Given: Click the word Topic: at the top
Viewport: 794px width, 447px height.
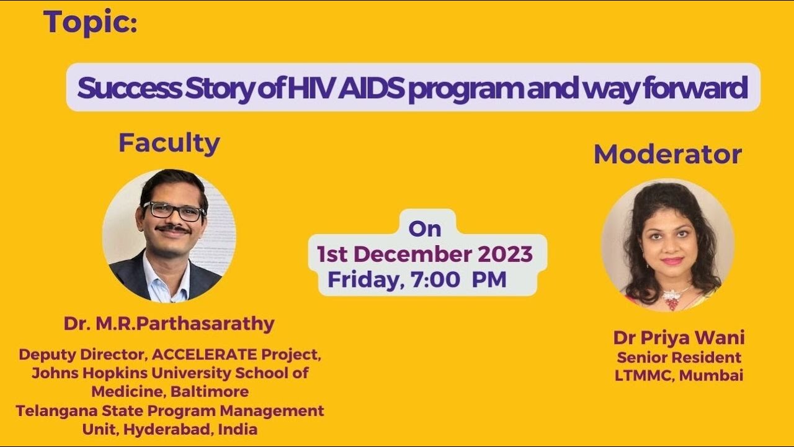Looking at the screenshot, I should point(91,24).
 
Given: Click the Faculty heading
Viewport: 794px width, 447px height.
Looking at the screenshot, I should point(169,143).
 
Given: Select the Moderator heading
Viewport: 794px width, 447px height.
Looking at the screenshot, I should point(667,155).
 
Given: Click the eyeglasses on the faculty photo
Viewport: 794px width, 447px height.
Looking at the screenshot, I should point(173,211).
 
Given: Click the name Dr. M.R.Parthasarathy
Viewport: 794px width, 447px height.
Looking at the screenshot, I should point(169,323).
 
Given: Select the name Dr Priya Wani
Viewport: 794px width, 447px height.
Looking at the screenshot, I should point(679,338).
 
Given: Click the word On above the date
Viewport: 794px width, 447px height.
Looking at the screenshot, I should point(425,229).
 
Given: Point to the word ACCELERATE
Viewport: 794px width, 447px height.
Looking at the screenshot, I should point(204,355).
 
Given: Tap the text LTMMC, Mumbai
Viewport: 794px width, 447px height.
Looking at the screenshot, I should point(679,376).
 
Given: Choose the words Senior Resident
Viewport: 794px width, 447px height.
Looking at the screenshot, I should point(679,358).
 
